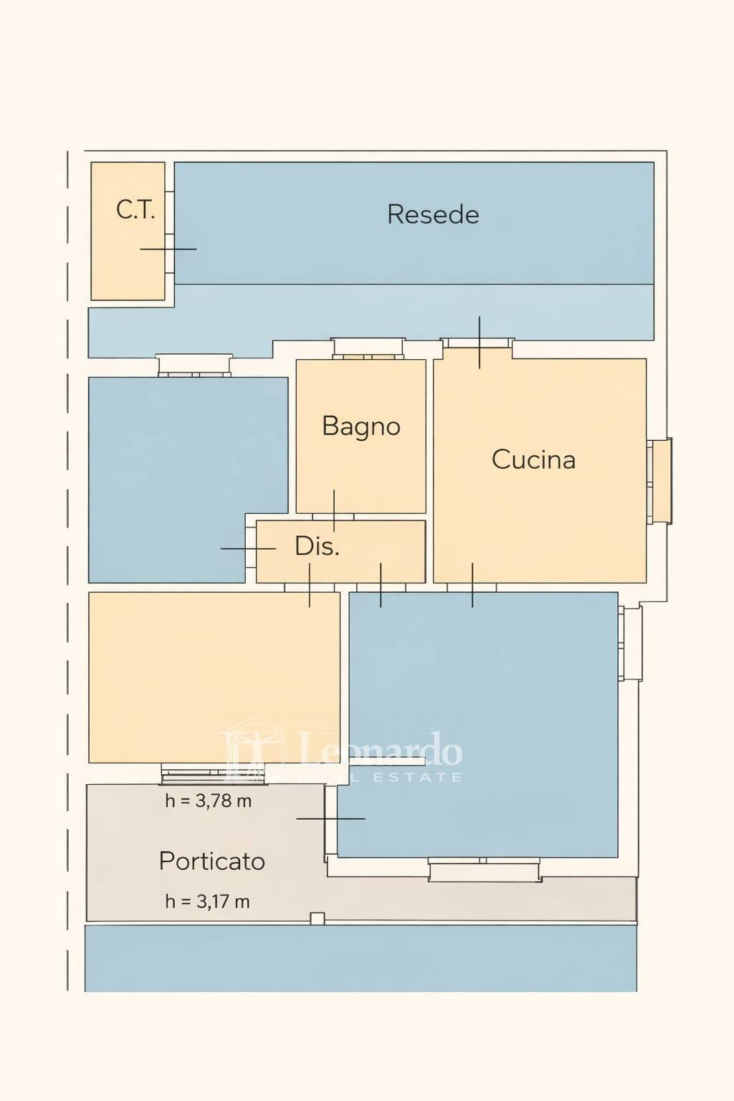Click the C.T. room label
point(135,210)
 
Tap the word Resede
point(433,214)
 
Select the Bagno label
point(361,426)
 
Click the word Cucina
point(533,459)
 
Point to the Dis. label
point(317,546)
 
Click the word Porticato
point(211,861)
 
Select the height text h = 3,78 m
point(208,801)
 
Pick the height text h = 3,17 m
point(207,902)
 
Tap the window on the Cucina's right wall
point(659,481)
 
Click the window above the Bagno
point(368,348)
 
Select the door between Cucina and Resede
point(480,343)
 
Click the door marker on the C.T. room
point(168,249)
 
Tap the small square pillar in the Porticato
point(317,918)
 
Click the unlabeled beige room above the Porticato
point(214,677)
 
